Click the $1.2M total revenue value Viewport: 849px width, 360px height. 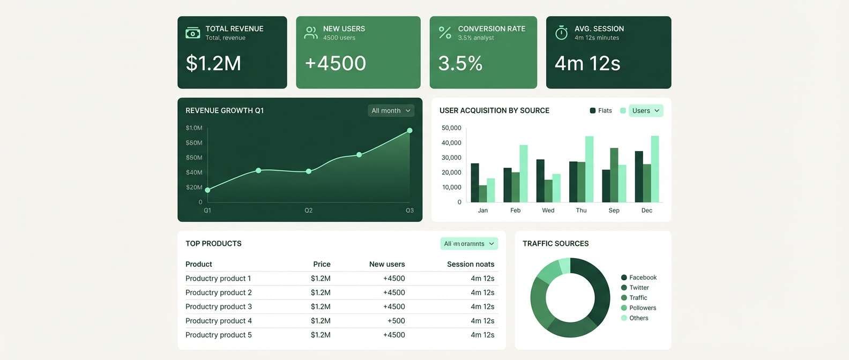(213, 63)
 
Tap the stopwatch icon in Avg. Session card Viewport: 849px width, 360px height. (561, 33)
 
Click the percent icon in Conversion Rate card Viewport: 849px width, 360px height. (445, 33)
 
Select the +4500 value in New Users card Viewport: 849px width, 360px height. (336, 63)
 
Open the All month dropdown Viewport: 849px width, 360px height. (391, 110)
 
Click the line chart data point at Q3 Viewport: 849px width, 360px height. (409, 130)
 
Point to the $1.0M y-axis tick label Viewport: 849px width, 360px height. (194, 128)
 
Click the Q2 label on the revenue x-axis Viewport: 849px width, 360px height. (309, 211)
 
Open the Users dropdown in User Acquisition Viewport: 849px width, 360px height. (645, 110)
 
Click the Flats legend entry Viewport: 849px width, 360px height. (601, 110)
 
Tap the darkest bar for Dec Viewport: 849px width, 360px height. (639, 176)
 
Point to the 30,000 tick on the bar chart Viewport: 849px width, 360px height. (451, 157)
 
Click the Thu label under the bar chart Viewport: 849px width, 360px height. (581, 211)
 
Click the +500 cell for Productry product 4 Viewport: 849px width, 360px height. (396, 321)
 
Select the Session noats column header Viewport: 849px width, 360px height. (471, 264)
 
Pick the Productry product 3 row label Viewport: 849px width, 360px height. (219, 306)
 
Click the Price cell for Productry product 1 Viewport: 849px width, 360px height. (321, 279)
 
